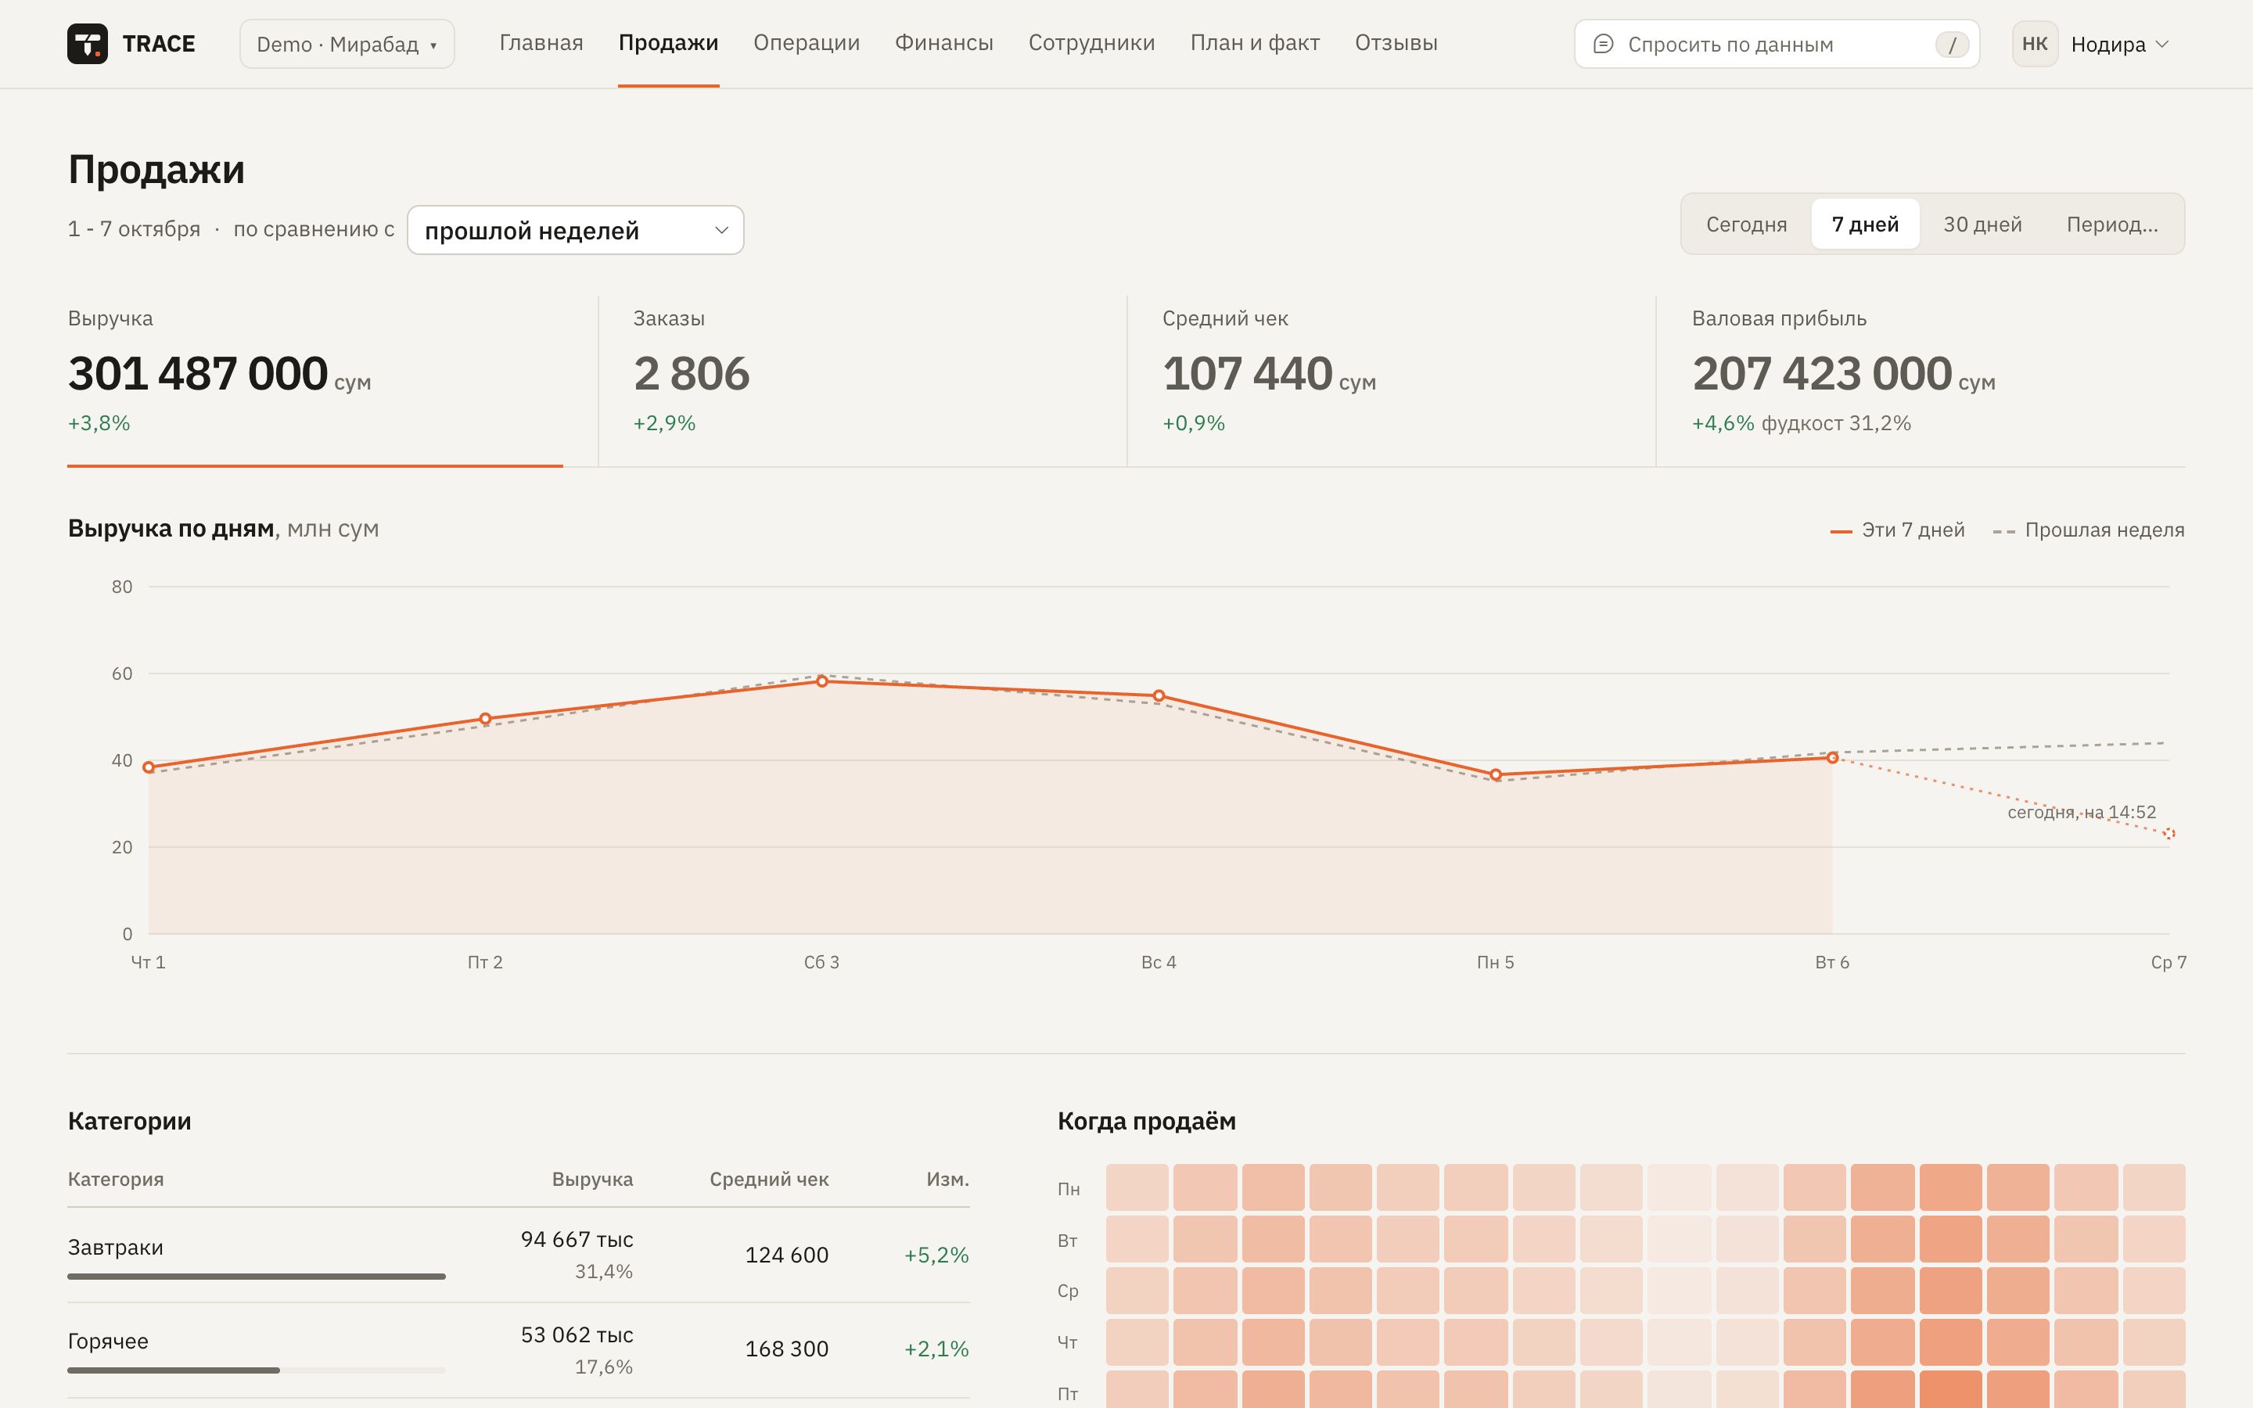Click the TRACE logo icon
[x=88, y=44]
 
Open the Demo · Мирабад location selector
[x=347, y=44]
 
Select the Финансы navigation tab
[x=943, y=43]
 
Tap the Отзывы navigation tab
[x=1396, y=43]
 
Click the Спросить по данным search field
[x=1777, y=44]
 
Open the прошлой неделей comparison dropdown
[x=575, y=230]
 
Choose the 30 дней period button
[x=1982, y=224]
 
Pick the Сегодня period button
[x=1745, y=224]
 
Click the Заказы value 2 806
[x=692, y=373]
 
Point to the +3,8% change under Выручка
[x=99, y=422]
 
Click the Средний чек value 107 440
[x=1248, y=373]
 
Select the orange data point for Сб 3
[x=822, y=681]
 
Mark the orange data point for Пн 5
[x=1495, y=774]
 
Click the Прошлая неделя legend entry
[x=2088, y=530]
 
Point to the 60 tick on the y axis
[x=122, y=673]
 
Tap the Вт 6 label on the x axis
[x=1831, y=962]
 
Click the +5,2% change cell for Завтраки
[x=936, y=1255]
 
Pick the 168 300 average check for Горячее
[x=787, y=1349]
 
